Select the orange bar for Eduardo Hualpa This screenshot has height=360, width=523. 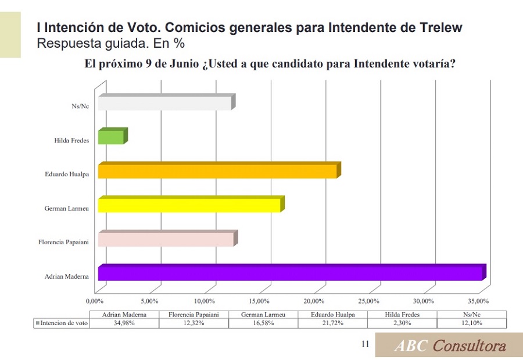click(217, 172)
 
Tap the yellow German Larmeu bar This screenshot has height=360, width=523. click(189, 205)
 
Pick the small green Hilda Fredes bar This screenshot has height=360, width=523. click(111, 137)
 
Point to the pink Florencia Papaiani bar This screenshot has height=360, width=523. click(166, 239)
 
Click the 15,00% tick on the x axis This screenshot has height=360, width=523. click(259, 301)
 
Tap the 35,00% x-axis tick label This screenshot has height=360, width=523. click(478, 301)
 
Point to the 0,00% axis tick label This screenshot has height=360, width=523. click(94, 301)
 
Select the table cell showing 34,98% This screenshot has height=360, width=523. click(124, 323)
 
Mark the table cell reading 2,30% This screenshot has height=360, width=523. click(403, 323)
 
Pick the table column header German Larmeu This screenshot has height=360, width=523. click(263, 315)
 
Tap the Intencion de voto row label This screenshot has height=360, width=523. click(62, 323)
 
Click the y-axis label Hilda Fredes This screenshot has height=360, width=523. click(71, 140)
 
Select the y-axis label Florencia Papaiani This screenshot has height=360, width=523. click(63, 242)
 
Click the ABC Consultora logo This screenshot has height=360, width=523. click(449, 345)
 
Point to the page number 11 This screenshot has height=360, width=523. click(365, 344)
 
